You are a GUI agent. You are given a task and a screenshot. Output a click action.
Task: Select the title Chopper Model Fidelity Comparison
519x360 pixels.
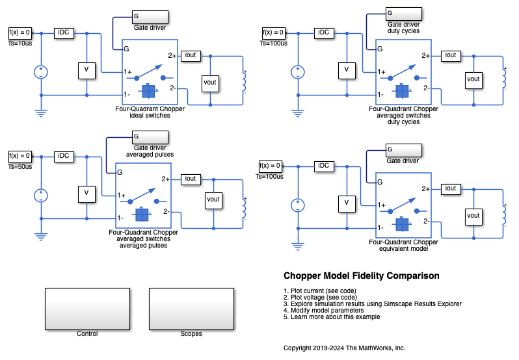point(361,276)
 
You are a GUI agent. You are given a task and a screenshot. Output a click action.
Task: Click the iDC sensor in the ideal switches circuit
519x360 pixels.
point(64,32)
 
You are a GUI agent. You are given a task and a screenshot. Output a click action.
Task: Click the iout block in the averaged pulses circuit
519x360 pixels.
point(190,179)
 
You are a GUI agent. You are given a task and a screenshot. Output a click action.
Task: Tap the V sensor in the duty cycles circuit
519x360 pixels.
point(347,70)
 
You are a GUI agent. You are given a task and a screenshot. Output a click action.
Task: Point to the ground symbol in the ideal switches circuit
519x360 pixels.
point(42,113)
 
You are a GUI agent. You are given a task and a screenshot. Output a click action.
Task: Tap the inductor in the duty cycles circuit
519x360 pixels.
point(505,79)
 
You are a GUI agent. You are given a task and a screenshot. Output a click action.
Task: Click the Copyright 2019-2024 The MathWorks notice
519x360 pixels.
point(344,348)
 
